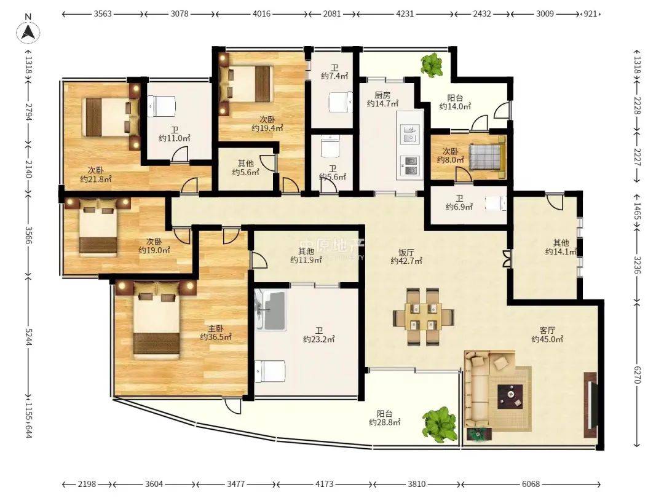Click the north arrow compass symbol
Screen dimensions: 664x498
[x=28, y=32]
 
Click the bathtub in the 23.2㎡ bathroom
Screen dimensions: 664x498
[x=271, y=310]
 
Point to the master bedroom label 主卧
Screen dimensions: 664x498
[x=216, y=328]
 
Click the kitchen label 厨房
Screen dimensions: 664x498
[x=382, y=95]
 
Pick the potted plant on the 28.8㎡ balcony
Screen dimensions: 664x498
[x=441, y=424]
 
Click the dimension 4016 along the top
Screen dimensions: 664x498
[x=261, y=14]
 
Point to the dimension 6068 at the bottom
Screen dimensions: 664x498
[x=531, y=484]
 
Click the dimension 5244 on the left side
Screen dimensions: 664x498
[x=28, y=337]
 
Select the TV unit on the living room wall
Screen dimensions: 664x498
[x=590, y=405]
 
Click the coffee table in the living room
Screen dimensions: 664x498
[x=510, y=397]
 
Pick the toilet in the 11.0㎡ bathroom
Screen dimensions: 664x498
[x=161, y=106]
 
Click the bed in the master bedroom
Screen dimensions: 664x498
[x=157, y=321]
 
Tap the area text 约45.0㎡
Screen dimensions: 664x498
[x=547, y=339]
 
